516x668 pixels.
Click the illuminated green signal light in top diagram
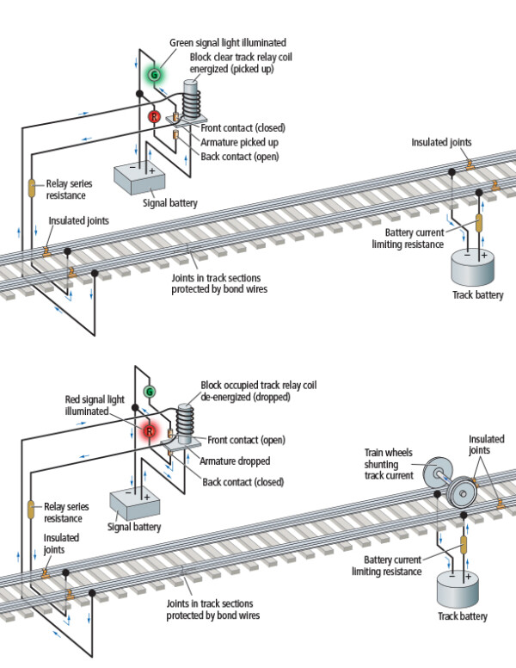click(155, 76)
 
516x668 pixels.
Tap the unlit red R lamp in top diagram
click(155, 116)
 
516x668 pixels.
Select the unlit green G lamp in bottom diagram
click(150, 396)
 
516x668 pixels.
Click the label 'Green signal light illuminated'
click(237, 42)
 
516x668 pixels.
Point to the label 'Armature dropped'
click(235, 461)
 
